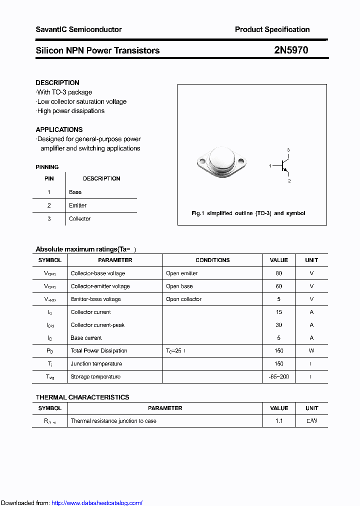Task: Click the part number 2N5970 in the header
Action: [x=291, y=50]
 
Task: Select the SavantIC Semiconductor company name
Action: [x=78, y=29]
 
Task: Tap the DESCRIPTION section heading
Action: [x=57, y=82]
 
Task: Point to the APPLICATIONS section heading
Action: [x=59, y=129]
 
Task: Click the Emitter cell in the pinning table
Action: [x=77, y=205]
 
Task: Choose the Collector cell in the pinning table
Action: [x=79, y=218]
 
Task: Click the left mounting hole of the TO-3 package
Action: [x=202, y=162]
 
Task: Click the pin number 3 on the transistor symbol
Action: [x=288, y=150]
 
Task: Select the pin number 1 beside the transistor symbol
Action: [x=270, y=165]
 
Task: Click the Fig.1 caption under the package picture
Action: [x=248, y=213]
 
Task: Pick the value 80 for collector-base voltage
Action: [x=278, y=273]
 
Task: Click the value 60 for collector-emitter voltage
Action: [x=278, y=286]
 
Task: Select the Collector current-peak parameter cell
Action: [x=97, y=325]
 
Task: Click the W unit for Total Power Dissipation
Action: [x=311, y=351]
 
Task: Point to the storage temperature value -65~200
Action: [x=278, y=376]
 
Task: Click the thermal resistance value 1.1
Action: [x=278, y=421]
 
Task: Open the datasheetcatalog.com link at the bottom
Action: [x=97, y=503]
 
